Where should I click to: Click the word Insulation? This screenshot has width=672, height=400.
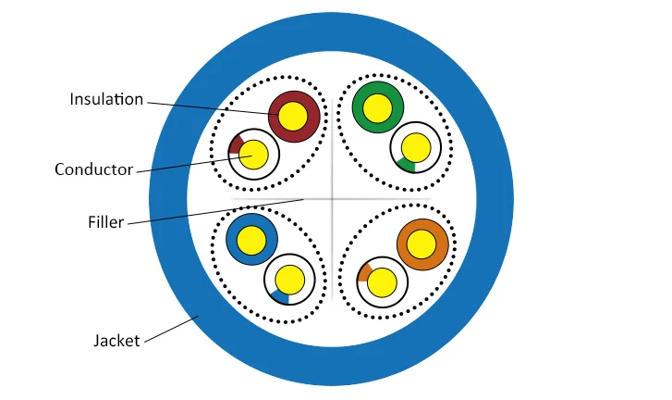pos(106,99)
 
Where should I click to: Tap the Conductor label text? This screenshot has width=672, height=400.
pos(94,169)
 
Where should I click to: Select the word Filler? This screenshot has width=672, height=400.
pos(106,222)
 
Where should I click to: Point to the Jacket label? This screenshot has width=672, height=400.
pos(116,341)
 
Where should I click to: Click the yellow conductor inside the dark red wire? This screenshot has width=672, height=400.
pos(293,116)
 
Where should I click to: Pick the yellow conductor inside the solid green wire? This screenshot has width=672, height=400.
pos(377,108)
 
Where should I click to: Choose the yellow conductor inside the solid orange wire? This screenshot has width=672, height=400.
pos(422,244)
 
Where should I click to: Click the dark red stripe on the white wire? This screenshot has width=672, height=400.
pos(236,144)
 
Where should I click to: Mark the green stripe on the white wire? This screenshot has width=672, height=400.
pos(407,165)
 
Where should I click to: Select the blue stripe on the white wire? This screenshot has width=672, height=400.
pos(281,296)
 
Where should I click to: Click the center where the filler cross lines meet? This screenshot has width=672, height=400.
pos(333,199)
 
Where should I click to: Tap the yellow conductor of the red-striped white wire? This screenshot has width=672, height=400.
pos(253,155)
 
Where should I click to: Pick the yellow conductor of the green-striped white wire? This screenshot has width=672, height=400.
pos(416,147)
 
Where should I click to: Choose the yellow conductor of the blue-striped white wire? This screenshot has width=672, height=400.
pos(289,280)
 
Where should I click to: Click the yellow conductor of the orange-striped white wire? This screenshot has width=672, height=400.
pos(382,282)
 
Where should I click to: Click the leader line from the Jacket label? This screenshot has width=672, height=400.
pos(171,330)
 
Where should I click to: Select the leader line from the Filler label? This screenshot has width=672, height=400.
pos(216,212)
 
